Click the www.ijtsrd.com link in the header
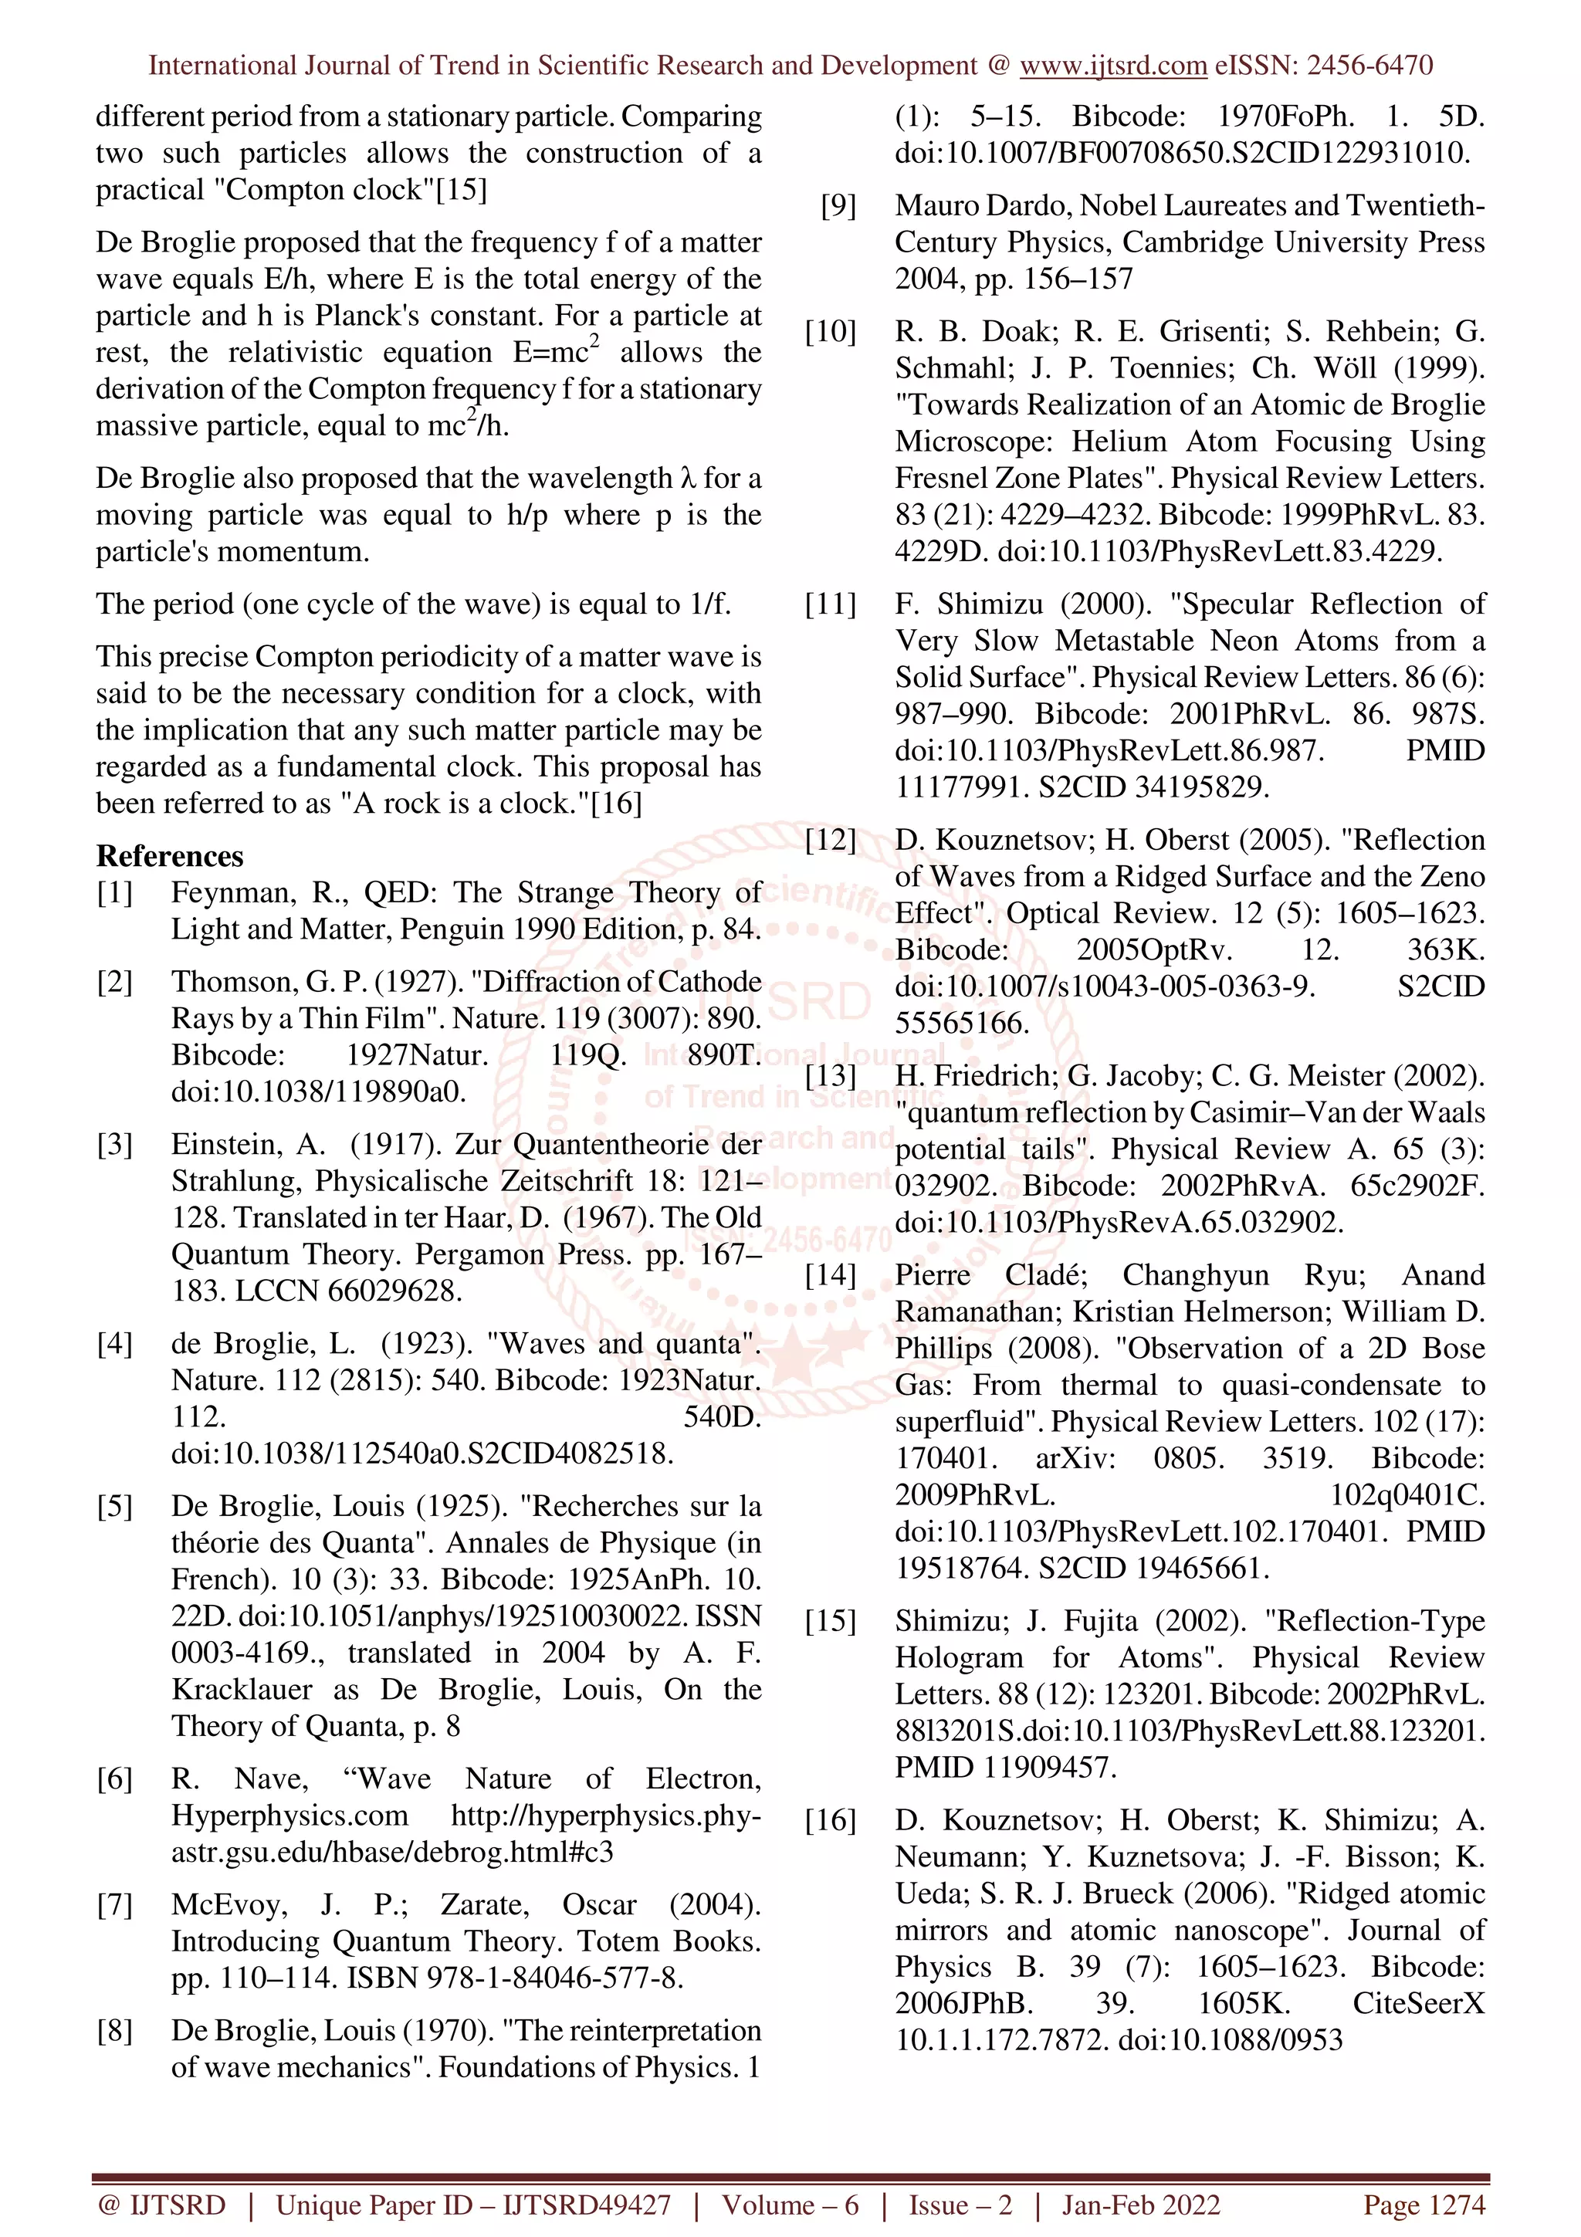(1112, 66)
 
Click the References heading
(170, 856)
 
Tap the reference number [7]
(115, 1905)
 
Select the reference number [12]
(830, 840)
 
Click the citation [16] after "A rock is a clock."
(617, 804)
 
